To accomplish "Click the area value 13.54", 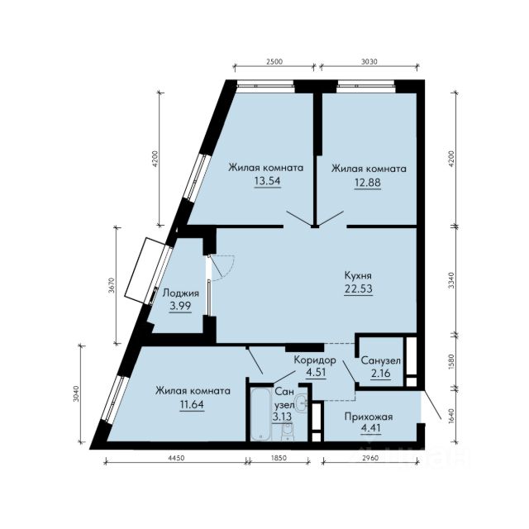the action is click(x=267, y=181).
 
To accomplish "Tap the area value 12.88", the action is click(x=367, y=183).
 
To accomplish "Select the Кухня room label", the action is click(x=358, y=275).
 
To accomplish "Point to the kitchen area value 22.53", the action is click(x=359, y=289).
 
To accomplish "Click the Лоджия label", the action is click(x=181, y=293).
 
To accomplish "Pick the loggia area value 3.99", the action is click(x=180, y=306).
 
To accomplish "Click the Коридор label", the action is click(x=315, y=360).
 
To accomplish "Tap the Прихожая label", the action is click(x=369, y=417).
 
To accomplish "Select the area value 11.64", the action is click(x=192, y=404).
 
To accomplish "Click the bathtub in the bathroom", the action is click(x=261, y=414).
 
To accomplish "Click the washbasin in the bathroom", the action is click(x=301, y=403).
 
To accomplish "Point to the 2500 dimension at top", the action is click(x=274, y=62).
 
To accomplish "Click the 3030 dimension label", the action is click(x=369, y=62).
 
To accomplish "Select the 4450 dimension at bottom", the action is click(x=176, y=458).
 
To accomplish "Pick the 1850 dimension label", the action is click(x=279, y=458).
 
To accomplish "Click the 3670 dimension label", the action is click(x=112, y=285).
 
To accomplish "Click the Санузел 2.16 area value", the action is click(x=381, y=374).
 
